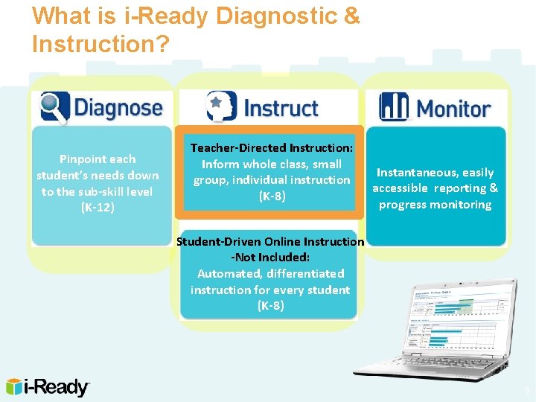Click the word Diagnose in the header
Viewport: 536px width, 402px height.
(118, 107)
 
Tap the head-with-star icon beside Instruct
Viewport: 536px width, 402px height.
(221, 106)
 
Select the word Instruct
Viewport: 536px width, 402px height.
(280, 107)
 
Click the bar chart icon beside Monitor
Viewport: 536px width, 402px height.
(394, 106)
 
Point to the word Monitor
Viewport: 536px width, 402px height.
(453, 108)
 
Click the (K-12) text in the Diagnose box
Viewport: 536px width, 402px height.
(98, 208)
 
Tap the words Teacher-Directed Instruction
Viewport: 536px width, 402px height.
(271, 148)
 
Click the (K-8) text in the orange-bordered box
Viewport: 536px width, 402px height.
(271, 197)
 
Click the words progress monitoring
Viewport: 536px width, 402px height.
(435, 205)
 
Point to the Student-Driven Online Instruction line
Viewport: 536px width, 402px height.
(269, 241)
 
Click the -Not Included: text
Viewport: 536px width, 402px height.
(269, 258)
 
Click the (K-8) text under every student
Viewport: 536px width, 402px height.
(269, 306)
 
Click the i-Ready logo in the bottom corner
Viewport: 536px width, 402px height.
(48, 386)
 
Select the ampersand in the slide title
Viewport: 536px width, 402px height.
(351, 16)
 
